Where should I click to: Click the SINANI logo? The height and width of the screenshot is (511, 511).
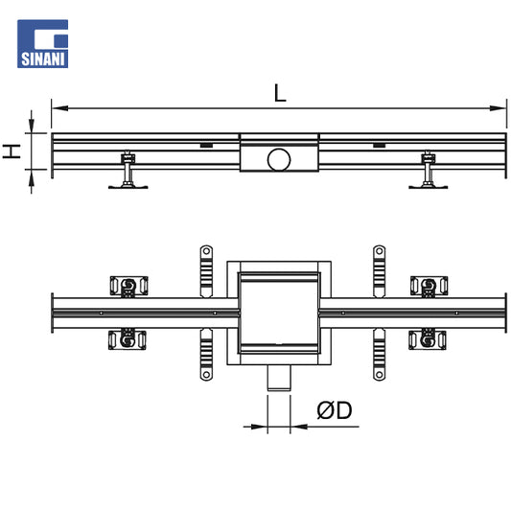(43, 44)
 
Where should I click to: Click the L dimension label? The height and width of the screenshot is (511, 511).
(280, 93)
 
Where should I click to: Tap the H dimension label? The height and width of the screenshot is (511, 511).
(12, 151)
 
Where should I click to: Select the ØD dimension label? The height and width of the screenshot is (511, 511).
(335, 410)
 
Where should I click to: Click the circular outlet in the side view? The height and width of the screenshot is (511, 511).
(279, 160)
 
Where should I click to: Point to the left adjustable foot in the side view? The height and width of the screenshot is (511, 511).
(128, 170)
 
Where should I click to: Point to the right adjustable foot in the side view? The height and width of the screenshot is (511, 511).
(429, 170)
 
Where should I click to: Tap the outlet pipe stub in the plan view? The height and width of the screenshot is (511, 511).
(279, 378)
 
